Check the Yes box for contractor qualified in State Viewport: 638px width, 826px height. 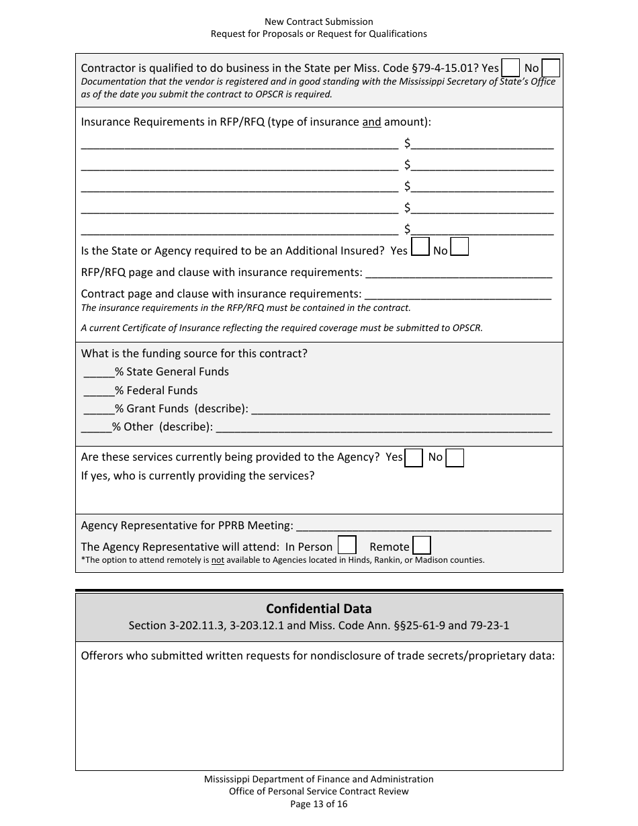click(x=511, y=68)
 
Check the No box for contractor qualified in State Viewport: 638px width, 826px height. click(x=551, y=68)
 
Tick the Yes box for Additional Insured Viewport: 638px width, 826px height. click(x=420, y=247)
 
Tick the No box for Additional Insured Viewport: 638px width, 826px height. click(x=460, y=247)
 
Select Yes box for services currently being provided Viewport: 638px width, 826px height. click(x=414, y=458)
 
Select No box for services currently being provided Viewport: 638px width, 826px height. click(x=455, y=458)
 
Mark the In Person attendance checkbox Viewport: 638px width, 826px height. click(x=347, y=545)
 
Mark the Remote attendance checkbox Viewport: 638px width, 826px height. click(x=422, y=545)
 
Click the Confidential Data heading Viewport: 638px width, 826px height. click(x=318, y=608)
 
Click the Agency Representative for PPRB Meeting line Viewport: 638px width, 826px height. click(x=423, y=526)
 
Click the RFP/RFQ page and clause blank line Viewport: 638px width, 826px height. click(x=458, y=274)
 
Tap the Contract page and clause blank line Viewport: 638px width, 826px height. click(x=457, y=295)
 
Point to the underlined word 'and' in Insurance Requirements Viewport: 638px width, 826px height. click(x=371, y=122)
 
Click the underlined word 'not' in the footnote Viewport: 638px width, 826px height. click(x=218, y=559)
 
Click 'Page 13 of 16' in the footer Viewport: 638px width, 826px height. click(x=318, y=804)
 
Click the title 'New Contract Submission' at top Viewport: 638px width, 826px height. click(x=318, y=22)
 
